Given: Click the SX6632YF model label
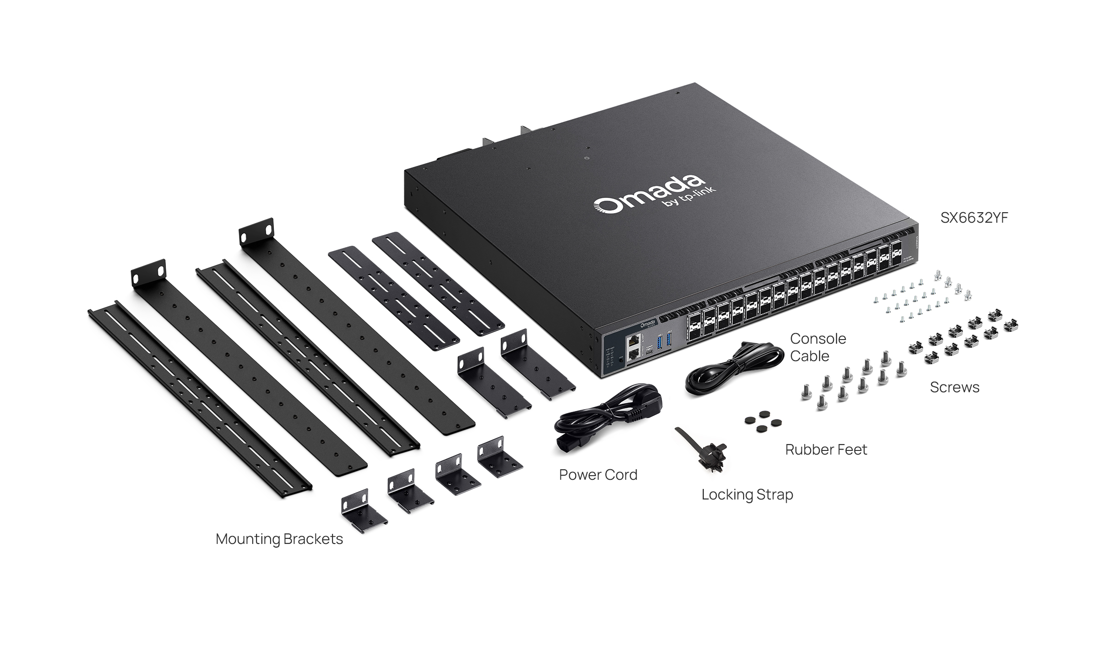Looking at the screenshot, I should pos(974,218).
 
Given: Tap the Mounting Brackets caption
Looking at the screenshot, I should pos(279,539).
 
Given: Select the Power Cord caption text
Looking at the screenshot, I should pos(598,475).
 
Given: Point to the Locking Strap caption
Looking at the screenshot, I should pos(747,495).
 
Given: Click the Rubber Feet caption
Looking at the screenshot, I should pos(826,450).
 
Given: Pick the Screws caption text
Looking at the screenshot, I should pos(954,388).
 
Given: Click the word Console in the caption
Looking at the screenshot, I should pos(818,339).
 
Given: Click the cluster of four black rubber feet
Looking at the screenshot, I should pos(762,422).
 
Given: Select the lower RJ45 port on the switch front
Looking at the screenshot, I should pos(634,354).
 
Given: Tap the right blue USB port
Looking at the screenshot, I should pos(669,340).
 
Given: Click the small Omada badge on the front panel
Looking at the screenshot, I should pos(647,324).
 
